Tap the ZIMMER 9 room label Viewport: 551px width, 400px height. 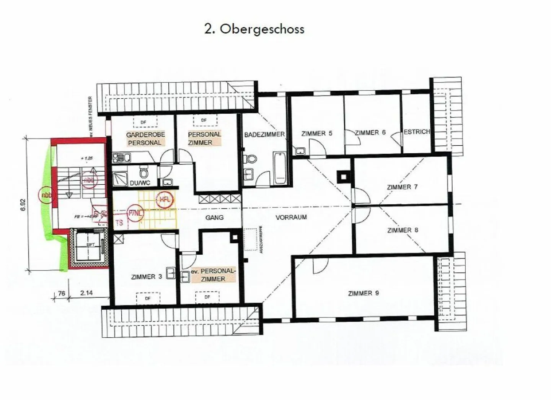(x=364, y=293)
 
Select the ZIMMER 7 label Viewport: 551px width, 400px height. (x=402, y=187)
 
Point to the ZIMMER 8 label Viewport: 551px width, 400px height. (x=403, y=230)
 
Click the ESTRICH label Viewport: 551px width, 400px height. (x=417, y=132)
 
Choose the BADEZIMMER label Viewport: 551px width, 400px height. (x=264, y=135)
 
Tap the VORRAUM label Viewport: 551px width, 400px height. (x=291, y=217)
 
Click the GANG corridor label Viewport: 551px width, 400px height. (x=214, y=217)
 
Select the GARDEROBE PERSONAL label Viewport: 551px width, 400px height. (x=145, y=138)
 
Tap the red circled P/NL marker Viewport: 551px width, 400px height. (x=135, y=213)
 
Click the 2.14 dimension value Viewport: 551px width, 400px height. (x=87, y=294)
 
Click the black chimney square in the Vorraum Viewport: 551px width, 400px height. (x=342, y=176)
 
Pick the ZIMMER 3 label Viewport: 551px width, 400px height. (x=146, y=277)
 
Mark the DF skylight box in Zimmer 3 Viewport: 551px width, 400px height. (x=148, y=298)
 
